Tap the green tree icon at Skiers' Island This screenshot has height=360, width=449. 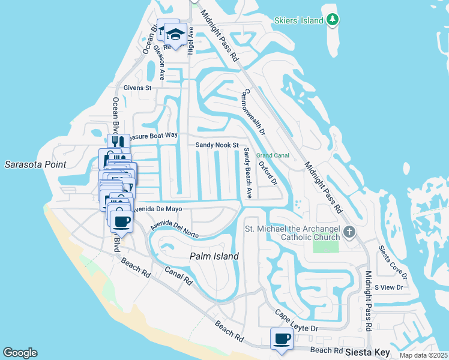pos(332,20)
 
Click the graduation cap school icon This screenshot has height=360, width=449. pos(175,34)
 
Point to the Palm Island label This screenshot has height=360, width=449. pos(214,256)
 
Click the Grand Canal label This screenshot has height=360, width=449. pos(273,155)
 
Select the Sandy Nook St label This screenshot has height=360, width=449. pos(217,145)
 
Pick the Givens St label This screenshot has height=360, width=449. pos(137,88)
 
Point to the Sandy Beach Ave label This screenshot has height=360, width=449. pos(247,173)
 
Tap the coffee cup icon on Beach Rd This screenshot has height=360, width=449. pos(282,339)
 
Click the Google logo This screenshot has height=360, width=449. pos(20,353)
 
